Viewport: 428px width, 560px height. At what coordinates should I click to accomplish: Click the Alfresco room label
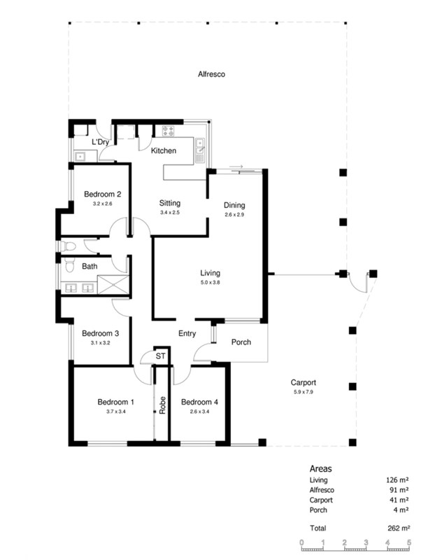pos(211,74)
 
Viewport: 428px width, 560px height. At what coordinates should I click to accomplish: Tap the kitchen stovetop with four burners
pos(168,131)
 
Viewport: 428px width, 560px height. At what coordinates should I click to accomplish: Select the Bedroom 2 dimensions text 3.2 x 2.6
pos(102,204)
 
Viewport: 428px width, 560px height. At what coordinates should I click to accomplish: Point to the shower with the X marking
pos(113,285)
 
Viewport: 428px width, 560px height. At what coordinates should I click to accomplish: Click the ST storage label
pos(161,356)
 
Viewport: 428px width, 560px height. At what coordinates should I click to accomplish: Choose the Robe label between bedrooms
pos(163,405)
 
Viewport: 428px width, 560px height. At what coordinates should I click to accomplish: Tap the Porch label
pos(241,342)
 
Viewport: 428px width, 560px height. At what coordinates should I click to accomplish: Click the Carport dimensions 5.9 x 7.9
pos(304,392)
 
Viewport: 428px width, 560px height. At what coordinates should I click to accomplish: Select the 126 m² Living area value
pos(397,480)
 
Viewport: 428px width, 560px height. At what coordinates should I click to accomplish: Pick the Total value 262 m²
pos(399,528)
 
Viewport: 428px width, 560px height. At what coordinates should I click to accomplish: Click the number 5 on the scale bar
pos(408,542)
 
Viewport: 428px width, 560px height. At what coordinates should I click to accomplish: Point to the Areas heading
pos(320,468)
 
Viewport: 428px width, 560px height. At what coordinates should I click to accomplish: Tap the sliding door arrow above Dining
pos(236,167)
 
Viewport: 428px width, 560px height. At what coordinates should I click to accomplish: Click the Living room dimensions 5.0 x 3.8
pos(210,283)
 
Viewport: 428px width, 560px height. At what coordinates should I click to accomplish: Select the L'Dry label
pos(100,142)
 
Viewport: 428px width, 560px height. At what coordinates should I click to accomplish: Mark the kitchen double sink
pos(200,150)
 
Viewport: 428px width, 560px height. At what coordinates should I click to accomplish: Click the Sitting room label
pos(170,203)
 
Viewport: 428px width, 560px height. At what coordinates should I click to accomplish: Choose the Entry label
pos(187,334)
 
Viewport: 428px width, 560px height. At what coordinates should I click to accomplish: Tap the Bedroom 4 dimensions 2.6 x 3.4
pos(200,412)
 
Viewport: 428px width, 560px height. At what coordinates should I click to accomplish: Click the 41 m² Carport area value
pos(399,500)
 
